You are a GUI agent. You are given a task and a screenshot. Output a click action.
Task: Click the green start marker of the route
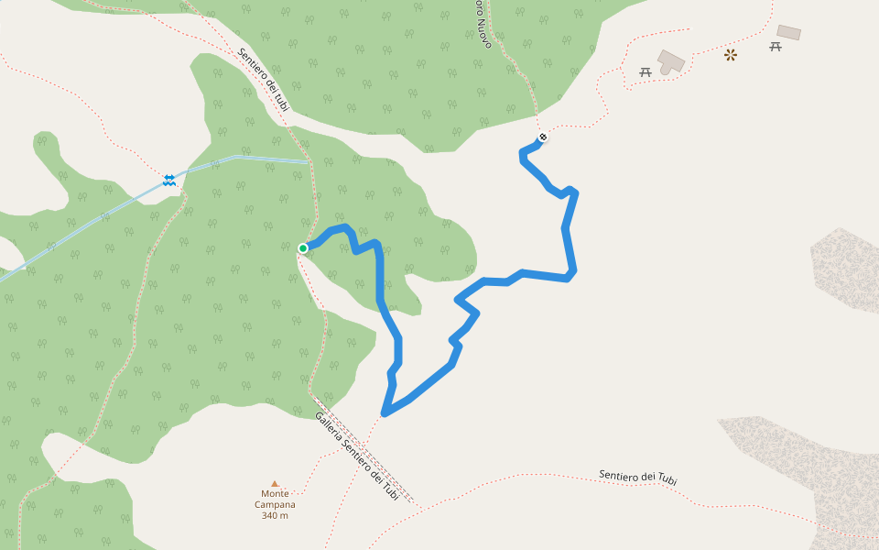coord(303,247)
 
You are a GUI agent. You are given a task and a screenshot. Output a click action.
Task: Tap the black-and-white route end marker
coord(543,137)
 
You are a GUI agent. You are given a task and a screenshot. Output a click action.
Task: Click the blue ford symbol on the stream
coord(169,180)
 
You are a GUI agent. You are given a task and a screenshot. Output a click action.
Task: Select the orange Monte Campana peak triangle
coord(275,484)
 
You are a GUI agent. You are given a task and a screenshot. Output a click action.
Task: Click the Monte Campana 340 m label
coord(275,504)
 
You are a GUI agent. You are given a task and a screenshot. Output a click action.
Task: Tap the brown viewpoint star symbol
coord(730,55)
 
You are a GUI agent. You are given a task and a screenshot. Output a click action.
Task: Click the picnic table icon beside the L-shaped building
coord(646,71)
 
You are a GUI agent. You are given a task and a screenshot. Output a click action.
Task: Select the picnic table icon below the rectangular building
coord(776,46)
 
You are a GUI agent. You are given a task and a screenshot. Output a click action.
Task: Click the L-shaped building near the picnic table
coord(671,61)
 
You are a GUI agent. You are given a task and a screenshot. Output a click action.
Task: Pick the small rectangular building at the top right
coord(788,32)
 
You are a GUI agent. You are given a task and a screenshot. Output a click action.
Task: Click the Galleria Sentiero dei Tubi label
coord(357,456)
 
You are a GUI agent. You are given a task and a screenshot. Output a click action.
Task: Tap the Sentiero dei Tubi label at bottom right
coord(638,477)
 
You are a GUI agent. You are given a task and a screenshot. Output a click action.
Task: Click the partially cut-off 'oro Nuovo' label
coord(483,26)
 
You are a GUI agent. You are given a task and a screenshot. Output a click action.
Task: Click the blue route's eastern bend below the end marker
coord(571,271)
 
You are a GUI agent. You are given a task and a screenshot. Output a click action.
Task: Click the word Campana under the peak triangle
coord(275,504)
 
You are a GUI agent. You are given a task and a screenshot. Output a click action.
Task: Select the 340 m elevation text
coord(275,515)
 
